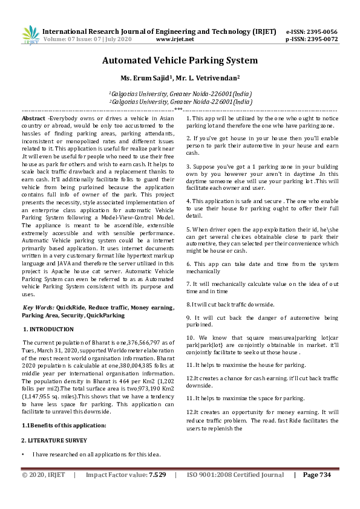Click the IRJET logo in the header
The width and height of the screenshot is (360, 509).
(x=30, y=34)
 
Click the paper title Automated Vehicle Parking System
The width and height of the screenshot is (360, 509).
(x=180, y=60)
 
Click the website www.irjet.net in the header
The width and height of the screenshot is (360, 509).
(x=175, y=39)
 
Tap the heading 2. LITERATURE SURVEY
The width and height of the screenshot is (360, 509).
(x=54, y=441)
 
